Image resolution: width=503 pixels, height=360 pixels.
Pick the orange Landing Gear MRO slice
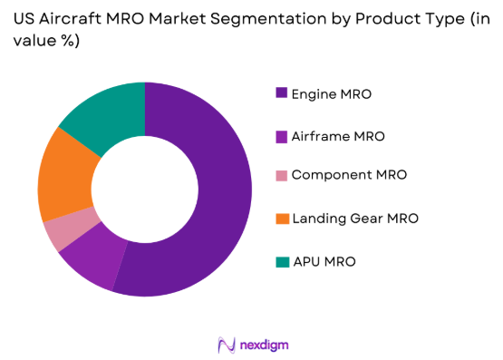click(x=63, y=177)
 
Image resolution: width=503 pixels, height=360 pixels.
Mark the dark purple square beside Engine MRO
click(x=282, y=93)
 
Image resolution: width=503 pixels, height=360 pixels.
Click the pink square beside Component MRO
click(x=282, y=175)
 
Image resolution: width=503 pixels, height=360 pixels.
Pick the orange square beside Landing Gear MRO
click(x=282, y=218)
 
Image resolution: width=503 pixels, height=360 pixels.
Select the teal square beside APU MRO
click(x=282, y=261)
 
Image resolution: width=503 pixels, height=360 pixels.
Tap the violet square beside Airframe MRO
click(x=282, y=136)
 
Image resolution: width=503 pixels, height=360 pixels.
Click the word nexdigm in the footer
click(x=266, y=345)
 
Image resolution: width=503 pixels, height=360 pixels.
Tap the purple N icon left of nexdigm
click(x=227, y=345)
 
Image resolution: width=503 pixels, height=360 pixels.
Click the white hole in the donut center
click(x=145, y=190)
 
